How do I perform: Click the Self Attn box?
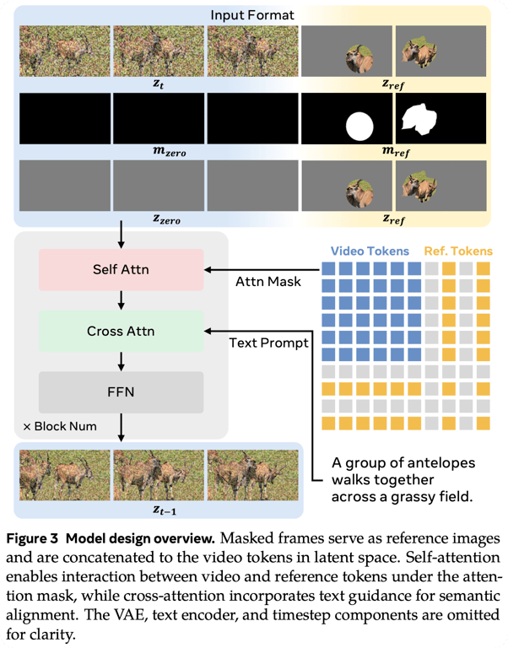click(122, 269)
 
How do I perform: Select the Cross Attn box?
click(122, 331)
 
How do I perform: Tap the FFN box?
click(122, 392)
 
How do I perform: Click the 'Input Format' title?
click(253, 14)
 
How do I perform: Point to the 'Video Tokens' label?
click(370, 251)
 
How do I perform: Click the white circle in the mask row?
click(359, 127)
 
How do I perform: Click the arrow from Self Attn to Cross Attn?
click(122, 300)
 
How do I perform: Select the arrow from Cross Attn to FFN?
click(122, 361)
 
